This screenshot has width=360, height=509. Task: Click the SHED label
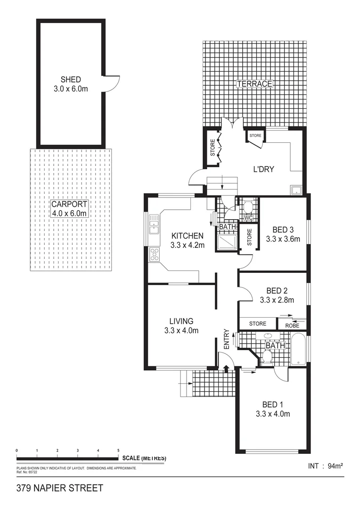71,79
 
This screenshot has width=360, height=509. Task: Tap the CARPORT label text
69,205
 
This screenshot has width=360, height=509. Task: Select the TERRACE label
254,84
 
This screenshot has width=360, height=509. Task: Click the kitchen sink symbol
154,224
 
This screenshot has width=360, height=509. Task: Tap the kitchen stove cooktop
154,255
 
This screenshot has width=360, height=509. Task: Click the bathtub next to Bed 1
298,349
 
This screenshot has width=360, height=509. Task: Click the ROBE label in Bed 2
292,325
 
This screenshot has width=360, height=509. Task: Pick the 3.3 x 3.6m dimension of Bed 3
283,238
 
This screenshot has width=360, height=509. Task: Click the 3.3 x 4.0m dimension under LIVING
181,330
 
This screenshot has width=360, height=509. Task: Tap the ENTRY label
227,339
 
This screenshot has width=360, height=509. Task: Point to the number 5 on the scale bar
118,451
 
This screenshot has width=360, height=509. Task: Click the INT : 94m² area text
325,466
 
